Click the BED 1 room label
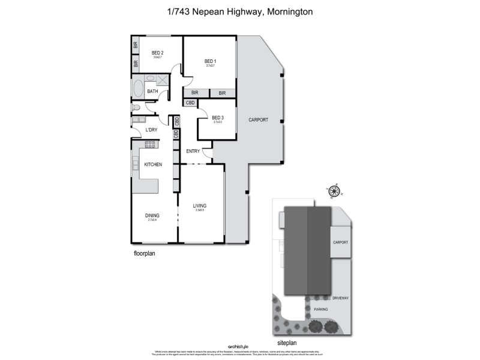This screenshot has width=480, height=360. point(209,61)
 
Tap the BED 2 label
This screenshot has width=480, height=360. point(158,53)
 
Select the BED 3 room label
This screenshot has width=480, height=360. point(218,118)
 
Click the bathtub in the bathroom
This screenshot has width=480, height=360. point(137,91)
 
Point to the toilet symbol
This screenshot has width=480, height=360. point(136,108)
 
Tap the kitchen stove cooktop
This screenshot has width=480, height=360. point(151,143)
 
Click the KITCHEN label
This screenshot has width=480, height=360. point(153,164)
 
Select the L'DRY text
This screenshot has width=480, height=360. point(152,130)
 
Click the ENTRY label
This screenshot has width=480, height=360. point(193,151)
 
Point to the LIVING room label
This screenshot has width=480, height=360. point(199,206)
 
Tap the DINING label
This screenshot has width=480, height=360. point(152,215)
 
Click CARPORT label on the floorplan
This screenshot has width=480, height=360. point(258,120)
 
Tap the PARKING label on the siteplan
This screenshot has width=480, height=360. point(322,310)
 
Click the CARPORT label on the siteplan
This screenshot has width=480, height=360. point(340,242)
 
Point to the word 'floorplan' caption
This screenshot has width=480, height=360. point(145,254)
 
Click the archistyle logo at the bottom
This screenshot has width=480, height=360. point(240,347)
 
